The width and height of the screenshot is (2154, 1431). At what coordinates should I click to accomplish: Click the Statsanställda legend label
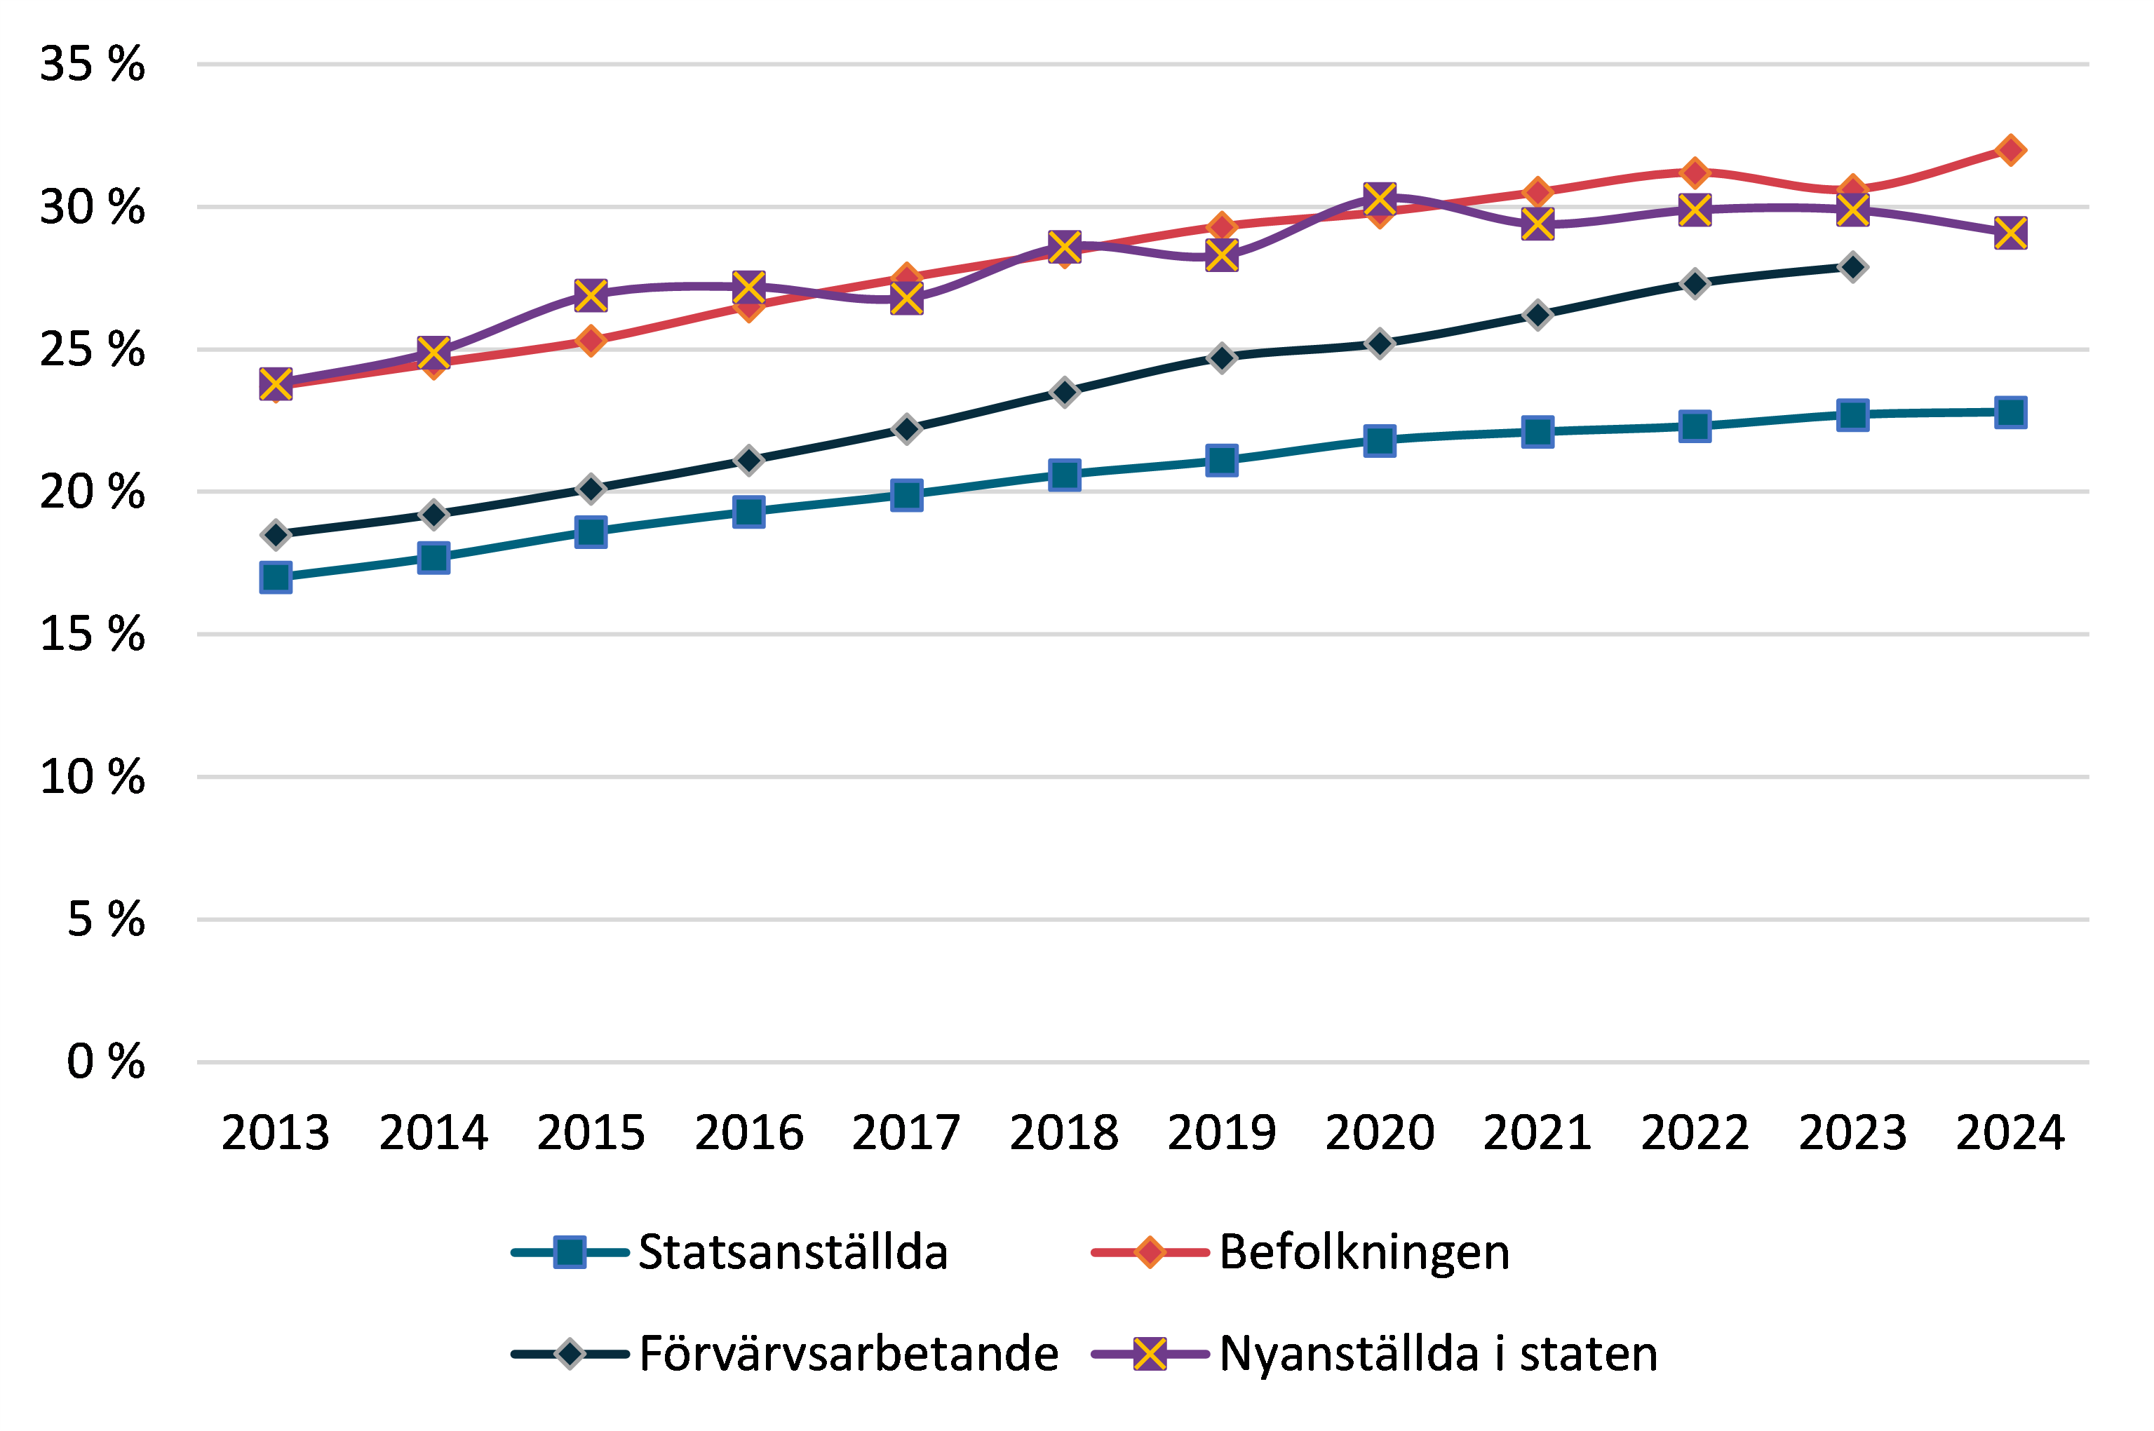pos(793,1252)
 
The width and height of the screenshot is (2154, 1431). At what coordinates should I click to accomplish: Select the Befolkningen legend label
pos(1364,1252)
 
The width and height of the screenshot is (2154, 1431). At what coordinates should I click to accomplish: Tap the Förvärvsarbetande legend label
pos(849,1353)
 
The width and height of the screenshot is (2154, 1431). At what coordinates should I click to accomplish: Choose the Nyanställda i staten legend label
pos(1439,1353)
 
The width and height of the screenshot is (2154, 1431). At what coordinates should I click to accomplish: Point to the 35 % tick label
pos(92,64)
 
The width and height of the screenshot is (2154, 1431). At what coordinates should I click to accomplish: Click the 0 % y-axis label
pos(106,1062)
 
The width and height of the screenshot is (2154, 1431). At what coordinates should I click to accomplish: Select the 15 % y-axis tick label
pos(92,635)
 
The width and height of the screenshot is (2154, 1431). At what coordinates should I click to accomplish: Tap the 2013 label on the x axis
pos(276,1134)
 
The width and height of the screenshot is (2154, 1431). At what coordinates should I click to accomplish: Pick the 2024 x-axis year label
pos(2010,1134)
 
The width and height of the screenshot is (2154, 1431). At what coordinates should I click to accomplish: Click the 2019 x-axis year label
pos(1221,1134)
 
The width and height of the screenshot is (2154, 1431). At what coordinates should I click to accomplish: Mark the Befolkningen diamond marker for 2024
pos(2010,149)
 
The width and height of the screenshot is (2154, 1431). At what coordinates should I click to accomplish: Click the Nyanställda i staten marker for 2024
pos(2010,233)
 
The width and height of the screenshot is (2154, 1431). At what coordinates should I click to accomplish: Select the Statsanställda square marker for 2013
pos(276,577)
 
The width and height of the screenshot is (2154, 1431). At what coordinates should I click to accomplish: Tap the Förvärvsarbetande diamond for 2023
pos(1852,267)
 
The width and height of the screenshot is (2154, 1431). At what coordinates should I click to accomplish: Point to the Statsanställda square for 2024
pos(2010,412)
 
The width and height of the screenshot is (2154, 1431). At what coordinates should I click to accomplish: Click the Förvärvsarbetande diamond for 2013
pos(276,534)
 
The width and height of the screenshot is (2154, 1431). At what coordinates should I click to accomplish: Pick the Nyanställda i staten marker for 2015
pos(591,294)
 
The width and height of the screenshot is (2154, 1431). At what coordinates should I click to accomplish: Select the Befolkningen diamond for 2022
pos(1695,172)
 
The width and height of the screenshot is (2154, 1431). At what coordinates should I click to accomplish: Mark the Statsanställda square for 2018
pos(1064,475)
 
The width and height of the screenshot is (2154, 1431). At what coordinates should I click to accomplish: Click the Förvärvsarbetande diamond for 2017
pos(906,429)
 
